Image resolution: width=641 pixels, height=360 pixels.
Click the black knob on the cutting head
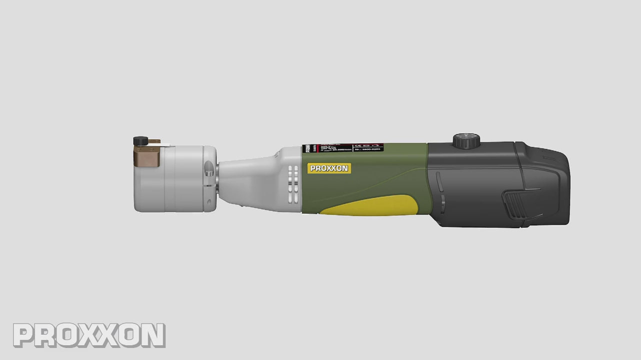pos(138,141)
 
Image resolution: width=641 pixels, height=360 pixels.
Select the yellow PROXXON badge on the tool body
pos(329,168)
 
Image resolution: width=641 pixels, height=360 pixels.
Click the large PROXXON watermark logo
pos(89,335)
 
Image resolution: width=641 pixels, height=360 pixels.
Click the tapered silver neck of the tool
pos(247,180)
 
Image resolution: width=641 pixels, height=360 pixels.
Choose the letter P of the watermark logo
pos(24,335)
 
